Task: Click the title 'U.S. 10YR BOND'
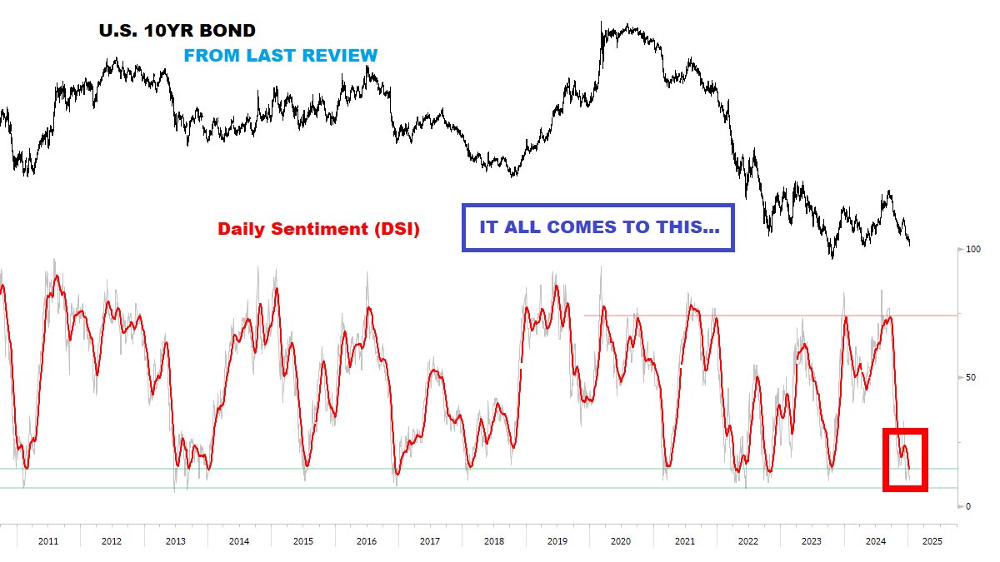177,31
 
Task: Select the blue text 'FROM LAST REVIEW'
280,56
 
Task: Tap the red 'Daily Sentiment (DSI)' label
318,228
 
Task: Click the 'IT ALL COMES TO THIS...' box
598,226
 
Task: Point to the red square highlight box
905,460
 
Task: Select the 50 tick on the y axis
971,377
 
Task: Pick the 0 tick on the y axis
968,506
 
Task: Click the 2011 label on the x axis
48,541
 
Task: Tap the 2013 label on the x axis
176,541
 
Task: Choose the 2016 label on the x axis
366,541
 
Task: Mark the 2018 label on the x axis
493,541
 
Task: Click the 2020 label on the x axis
621,541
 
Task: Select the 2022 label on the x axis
748,541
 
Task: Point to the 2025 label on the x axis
932,541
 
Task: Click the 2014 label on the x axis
239,541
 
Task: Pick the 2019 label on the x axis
557,541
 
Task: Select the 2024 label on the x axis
875,541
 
